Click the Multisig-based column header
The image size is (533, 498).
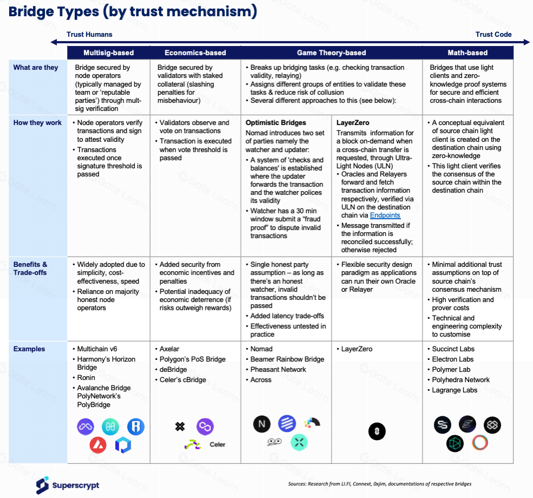point(108,53)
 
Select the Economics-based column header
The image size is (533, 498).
point(195,53)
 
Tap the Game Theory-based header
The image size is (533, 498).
point(331,53)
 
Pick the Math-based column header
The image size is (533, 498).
point(467,53)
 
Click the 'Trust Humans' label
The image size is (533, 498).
point(89,34)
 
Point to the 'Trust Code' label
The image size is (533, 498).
point(493,34)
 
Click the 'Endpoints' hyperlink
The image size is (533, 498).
point(385,215)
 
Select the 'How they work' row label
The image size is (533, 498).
point(37,123)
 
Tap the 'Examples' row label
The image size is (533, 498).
point(29,349)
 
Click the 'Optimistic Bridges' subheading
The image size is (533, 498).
point(276,123)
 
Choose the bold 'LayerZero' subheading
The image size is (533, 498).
point(353,123)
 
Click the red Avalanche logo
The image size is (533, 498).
point(98,445)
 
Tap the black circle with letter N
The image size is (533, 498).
point(262,424)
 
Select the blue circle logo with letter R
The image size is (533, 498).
point(136,427)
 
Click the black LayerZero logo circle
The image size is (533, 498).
point(377,431)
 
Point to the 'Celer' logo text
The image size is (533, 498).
point(218,444)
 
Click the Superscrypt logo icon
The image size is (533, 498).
point(42,486)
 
